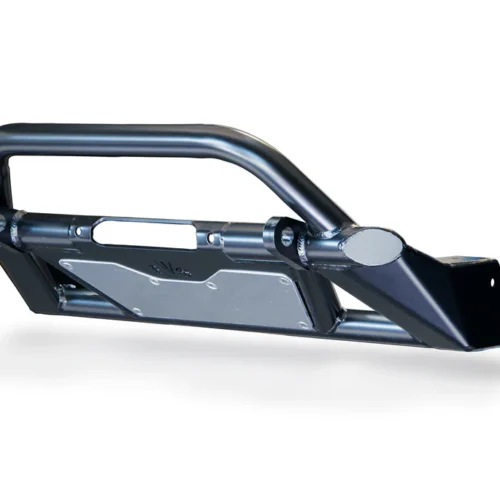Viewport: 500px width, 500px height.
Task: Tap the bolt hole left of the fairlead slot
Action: [77, 231]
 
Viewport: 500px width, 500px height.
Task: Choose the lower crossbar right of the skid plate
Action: [350, 325]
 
